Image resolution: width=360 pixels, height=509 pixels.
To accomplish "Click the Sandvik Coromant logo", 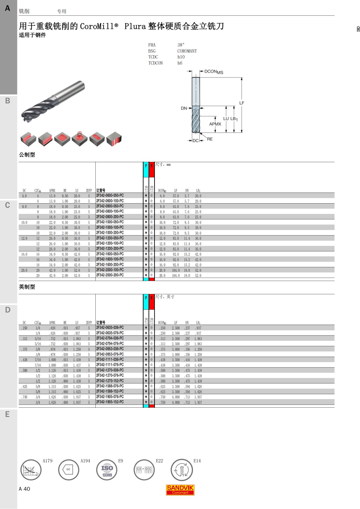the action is coord(180,490).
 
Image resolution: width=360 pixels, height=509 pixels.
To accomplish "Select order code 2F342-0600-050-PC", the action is coord(110,195).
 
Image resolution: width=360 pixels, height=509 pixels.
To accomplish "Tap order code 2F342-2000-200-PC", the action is coord(110,275).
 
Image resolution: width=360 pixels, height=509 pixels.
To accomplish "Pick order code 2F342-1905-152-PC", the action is coord(110,402).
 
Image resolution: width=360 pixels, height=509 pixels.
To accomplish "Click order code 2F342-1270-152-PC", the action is coord(110,381).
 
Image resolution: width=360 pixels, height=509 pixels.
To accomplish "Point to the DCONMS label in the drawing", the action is coord(214,72).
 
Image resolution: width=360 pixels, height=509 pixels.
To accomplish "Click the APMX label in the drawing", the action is coord(215,124).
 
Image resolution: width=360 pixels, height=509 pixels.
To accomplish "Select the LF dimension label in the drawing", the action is coord(242,103).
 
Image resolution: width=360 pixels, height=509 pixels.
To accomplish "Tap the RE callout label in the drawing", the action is coord(210,139).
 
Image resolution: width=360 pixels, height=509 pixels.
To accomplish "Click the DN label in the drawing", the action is coord(184,109).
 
